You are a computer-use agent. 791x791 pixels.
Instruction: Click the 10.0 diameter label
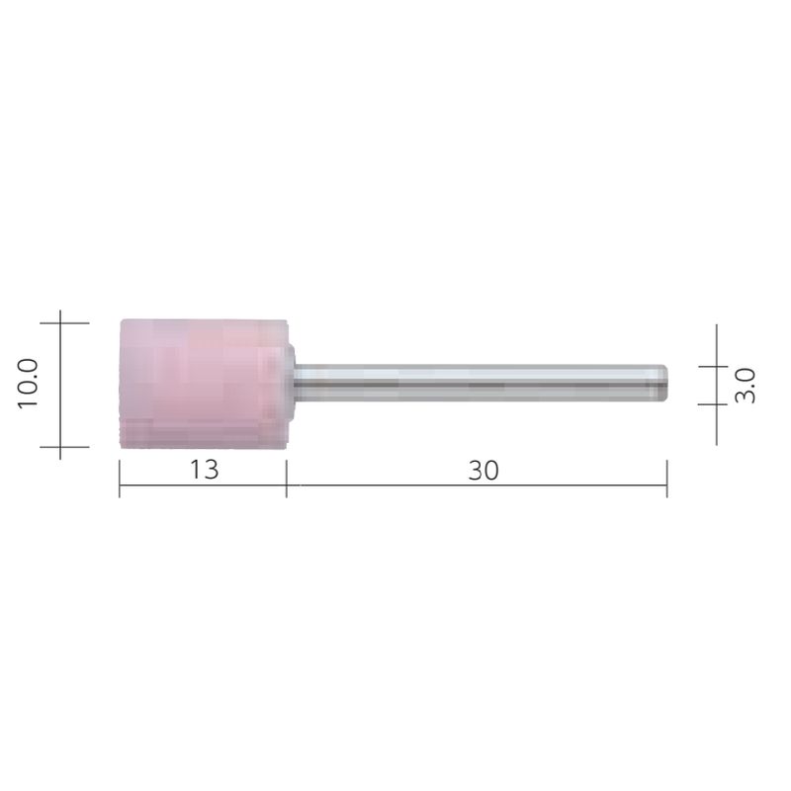[x=28, y=384]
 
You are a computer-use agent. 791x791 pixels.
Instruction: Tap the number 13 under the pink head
[x=205, y=471]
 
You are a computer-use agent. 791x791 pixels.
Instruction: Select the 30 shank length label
[x=483, y=471]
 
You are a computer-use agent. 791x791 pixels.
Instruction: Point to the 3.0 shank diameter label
[x=746, y=386]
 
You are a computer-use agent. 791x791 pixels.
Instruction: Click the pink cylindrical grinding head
[x=204, y=384]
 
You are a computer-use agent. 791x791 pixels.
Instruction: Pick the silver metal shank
[x=481, y=384]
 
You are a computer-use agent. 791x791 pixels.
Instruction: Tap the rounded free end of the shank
[x=664, y=384]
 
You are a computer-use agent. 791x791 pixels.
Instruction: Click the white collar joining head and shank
[x=291, y=384]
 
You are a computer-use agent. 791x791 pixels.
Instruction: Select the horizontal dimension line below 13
[x=203, y=485]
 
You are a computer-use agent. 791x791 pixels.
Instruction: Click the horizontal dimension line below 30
[x=477, y=485]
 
